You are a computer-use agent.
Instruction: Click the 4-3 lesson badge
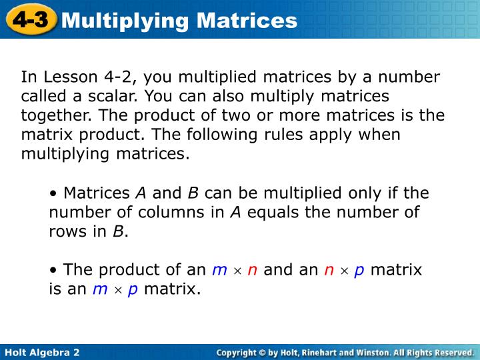[x=30, y=20]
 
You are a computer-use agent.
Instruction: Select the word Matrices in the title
[x=247, y=21]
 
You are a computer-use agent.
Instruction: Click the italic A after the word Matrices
[x=141, y=193]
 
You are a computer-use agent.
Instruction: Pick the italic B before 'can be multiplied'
[x=193, y=193]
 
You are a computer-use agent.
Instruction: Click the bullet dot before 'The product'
[x=53, y=271]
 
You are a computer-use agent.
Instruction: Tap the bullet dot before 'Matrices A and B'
[x=53, y=194]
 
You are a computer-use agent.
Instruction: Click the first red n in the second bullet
[x=252, y=271]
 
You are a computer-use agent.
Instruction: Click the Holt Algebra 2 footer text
[x=42, y=351]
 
